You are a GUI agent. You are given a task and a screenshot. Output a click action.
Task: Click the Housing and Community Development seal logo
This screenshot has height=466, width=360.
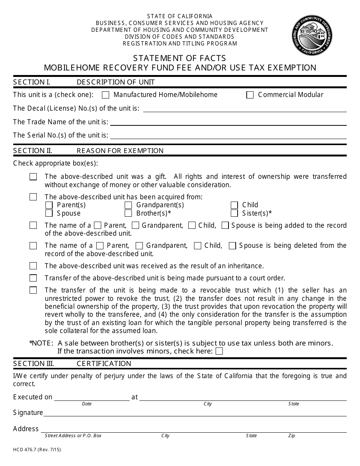pos(312,35)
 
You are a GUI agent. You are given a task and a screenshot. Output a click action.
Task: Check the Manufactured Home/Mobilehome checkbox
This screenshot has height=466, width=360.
pos(106,95)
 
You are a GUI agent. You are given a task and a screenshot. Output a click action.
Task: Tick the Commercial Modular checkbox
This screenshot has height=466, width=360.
pos(250,95)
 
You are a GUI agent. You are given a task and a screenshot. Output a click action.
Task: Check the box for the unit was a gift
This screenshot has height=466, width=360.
pos(33,177)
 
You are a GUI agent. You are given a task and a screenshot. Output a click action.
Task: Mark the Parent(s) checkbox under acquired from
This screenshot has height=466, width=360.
pos(49,205)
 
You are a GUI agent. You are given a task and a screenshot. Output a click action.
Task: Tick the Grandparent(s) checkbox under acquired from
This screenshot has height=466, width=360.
pos(128,205)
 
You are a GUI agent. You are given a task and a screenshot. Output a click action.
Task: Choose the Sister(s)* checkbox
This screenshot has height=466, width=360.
pos(234,213)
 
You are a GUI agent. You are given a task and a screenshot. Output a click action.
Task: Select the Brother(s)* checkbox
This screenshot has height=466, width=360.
pos(128,213)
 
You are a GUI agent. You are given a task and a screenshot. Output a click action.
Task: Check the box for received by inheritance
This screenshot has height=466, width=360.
pos(33,266)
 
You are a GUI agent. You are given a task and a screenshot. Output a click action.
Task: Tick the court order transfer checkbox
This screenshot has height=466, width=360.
pos(33,278)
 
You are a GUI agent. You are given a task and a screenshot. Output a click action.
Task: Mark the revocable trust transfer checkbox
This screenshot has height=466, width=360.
pos(33,290)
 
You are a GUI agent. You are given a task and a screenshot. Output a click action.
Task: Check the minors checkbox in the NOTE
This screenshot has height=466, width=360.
pos(219,351)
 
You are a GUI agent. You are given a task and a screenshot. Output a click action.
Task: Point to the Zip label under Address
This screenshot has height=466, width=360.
pos(291,436)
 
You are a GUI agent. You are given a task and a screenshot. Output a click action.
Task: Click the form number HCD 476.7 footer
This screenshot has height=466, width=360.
pos(37,450)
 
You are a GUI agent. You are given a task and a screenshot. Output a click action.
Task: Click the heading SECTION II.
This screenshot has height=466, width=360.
pos(33,151)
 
